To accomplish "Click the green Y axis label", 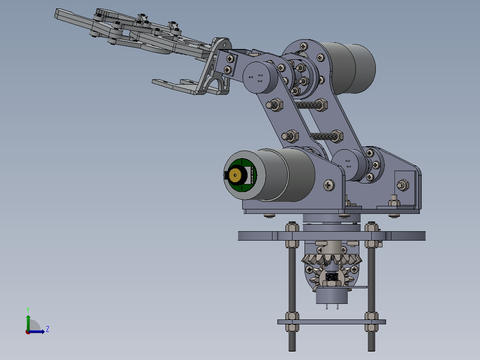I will pyautogui.click(x=28, y=309).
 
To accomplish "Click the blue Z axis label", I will pyautogui.click(x=47, y=329).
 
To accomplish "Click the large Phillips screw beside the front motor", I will pyautogui.click(x=329, y=184).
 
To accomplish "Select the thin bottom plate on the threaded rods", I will pyautogui.click(x=331, y=322).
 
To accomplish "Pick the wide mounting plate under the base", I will pyautogui.click(x=331, y=236).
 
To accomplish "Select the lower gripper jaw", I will pyautogui.click(x=178, y=86).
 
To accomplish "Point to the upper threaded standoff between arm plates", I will pyautogui.click(x=307, y=105).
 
